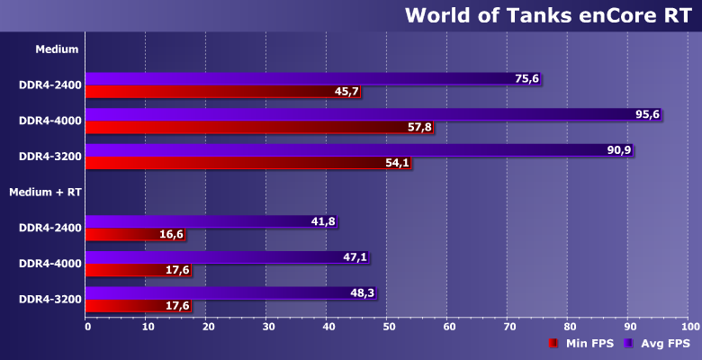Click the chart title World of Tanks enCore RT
(547, 15)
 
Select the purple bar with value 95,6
(360, 114)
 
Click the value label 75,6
(526, 79)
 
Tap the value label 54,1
(397, 163)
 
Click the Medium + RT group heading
(45, 192)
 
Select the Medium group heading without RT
(57, 49)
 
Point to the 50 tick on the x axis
(389, 326)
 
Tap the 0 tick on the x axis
(87, 326)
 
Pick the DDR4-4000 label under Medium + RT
(50, 264)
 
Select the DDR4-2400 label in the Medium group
(50, 85)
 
